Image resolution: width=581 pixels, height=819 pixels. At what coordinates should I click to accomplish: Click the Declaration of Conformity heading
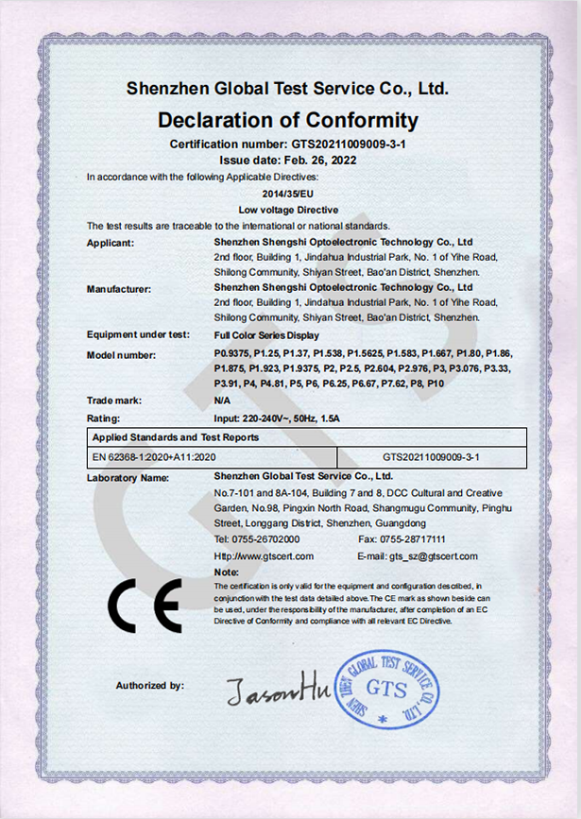287,120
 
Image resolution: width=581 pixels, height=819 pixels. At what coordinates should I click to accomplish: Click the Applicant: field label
111,243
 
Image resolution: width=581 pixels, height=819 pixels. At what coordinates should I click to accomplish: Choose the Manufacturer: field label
118,287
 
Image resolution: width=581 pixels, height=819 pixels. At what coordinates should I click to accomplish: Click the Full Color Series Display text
266,335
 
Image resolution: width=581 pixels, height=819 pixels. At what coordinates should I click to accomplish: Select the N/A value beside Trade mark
223,401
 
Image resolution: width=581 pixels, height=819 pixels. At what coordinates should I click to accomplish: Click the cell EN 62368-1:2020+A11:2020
148,457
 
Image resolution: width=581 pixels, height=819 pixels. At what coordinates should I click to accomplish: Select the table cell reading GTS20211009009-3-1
432,457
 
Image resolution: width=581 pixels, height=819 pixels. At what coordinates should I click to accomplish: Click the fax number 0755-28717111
424,539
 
